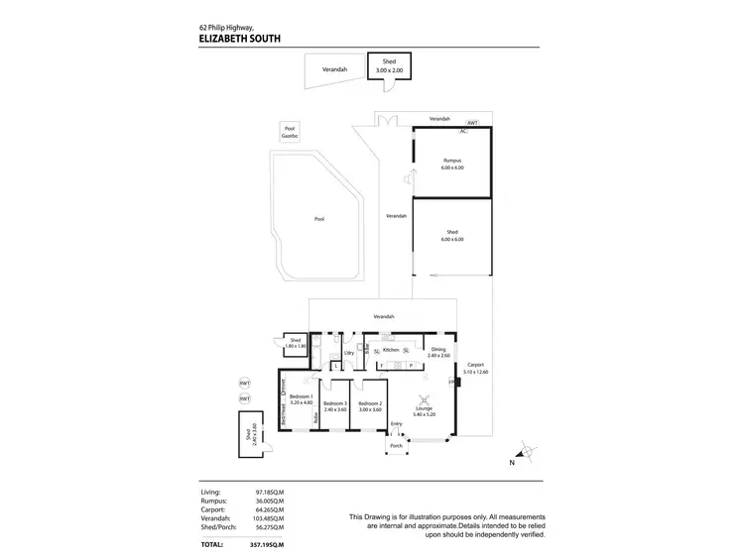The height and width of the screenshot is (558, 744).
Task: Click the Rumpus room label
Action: click(x=452, y=162)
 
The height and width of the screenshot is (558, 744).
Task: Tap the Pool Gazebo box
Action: click(x=290, y=132)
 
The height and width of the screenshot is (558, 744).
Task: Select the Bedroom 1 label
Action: click(x=301, y=396)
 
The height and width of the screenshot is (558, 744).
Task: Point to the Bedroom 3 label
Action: click(x=335, y=403)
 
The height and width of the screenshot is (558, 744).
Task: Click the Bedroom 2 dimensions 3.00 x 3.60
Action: click(x=370, y=409)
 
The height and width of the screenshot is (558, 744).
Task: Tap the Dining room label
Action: click(x=437, y=349)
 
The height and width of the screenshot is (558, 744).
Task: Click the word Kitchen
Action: click(x=391, y=350)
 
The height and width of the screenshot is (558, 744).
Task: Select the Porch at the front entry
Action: click(x=396, y=445)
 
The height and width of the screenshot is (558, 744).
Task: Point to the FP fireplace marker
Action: click(x=452, y=383)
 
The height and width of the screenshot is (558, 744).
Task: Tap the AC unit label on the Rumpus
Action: click(x=462, y=131)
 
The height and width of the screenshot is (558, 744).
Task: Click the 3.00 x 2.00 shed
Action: click(x=388, y=66)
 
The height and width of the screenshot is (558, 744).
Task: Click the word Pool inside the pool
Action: click(x=319, y=219)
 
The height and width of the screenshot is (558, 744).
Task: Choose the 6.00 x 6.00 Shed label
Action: click(x=452, y=236)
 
